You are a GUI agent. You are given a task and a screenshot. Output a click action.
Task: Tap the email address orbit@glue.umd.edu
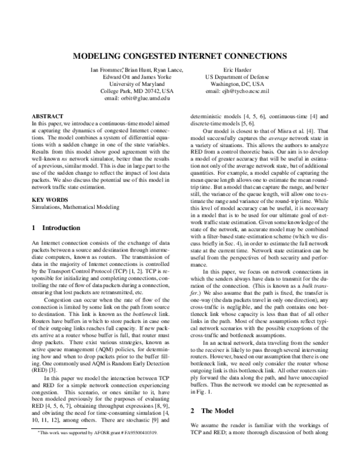tap(137, 97)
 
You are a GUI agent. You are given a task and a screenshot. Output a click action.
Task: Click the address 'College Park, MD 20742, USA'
tap(137, 91)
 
